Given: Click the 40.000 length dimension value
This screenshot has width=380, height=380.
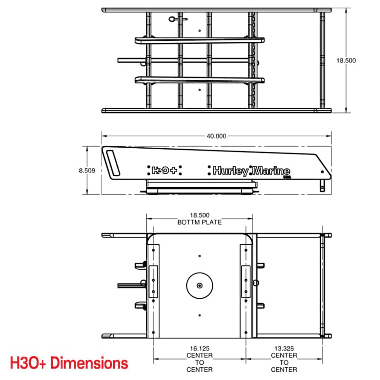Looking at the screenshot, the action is [x=217, y=136].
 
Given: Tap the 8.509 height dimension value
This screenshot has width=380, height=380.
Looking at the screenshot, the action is [x=87, y=171].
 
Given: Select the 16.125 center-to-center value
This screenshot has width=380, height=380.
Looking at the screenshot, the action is [x=199, y=349].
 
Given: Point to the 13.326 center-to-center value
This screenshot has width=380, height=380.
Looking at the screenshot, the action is [x=284, y=349].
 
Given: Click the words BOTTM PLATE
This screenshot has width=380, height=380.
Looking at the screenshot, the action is [x=199, y=222].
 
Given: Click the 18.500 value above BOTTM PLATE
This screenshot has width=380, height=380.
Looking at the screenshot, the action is [x=199, y=215].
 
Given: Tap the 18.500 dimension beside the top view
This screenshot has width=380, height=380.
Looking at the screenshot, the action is [x=346, y=60].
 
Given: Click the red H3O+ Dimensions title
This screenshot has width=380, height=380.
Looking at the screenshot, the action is [x=69, y=363].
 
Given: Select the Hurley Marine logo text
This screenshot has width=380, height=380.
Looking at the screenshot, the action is [x=251, y=171].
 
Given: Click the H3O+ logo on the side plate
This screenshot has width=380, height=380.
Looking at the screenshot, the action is [x=164, y=171].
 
